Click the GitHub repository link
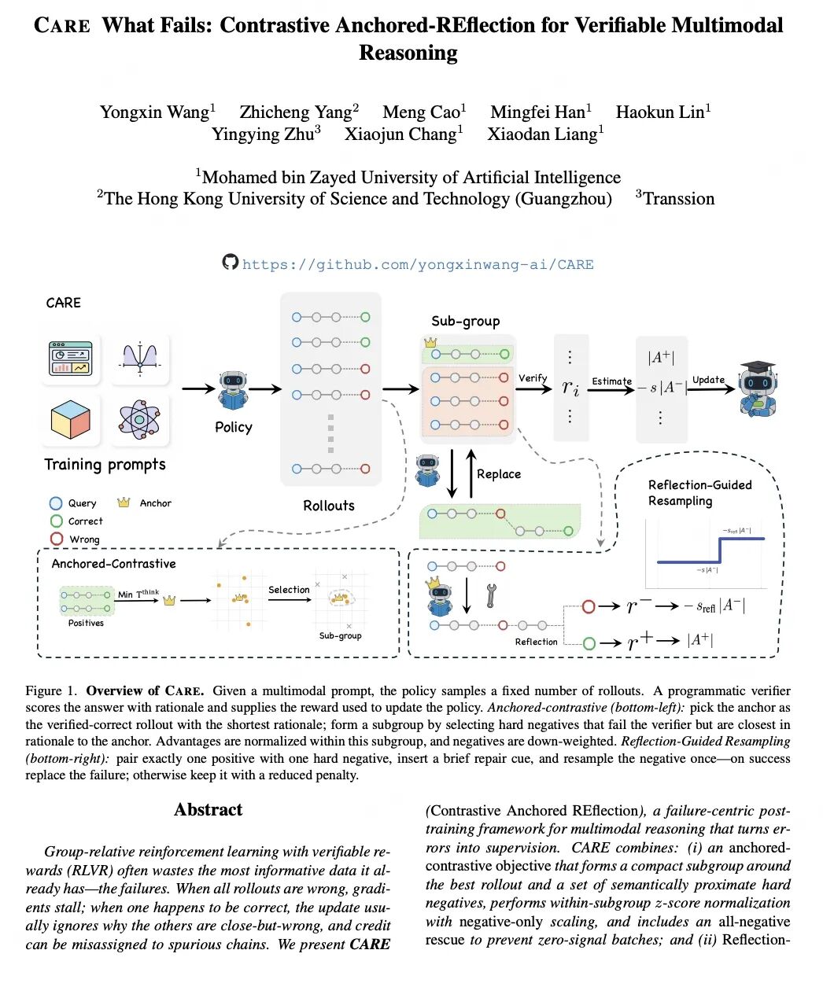pos(418,265)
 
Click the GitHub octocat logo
pos(230,262)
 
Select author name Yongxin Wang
pos(154,112)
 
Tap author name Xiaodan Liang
pos(542,134)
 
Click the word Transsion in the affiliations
pos(678,199)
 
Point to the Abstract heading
pos(208,810)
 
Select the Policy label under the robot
pos(234,427)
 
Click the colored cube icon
pos(70,418)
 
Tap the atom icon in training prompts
pos(139,418)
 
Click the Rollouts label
pos(329,506)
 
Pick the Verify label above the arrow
pos(533,378)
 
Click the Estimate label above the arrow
pos(611,381)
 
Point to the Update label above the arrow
pos(708,380)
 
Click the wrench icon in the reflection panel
pos(491,595)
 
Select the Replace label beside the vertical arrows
pos(499,474)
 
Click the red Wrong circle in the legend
pos(57,539)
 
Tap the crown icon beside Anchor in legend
pos(124,503)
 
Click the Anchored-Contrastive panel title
pos(113,564)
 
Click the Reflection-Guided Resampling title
pos(699,493)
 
